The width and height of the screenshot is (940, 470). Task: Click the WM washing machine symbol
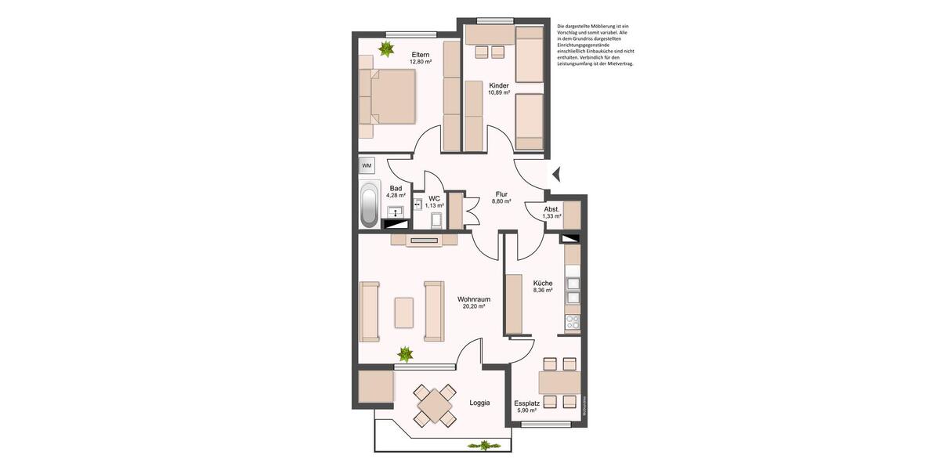367,166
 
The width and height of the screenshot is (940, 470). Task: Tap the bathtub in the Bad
367,205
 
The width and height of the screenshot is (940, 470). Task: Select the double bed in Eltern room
389,96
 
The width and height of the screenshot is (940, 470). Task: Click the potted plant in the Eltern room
385,49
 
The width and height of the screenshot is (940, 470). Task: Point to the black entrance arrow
557,174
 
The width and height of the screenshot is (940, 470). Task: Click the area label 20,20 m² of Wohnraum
474,307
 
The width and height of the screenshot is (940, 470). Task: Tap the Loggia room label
479,403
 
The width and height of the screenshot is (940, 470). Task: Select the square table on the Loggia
434,406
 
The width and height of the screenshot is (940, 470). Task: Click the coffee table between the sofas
404,312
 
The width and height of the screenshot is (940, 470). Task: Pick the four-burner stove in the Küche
573,322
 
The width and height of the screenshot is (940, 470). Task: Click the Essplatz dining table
559,382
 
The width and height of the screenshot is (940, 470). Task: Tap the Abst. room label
552,209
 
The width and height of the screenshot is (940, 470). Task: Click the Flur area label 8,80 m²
501,201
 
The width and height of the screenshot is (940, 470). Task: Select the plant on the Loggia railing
483,446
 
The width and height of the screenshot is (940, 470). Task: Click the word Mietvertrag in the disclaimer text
618,63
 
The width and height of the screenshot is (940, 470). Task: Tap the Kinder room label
499,85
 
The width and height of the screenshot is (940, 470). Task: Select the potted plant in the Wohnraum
405,353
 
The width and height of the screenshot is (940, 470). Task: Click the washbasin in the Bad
396,211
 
